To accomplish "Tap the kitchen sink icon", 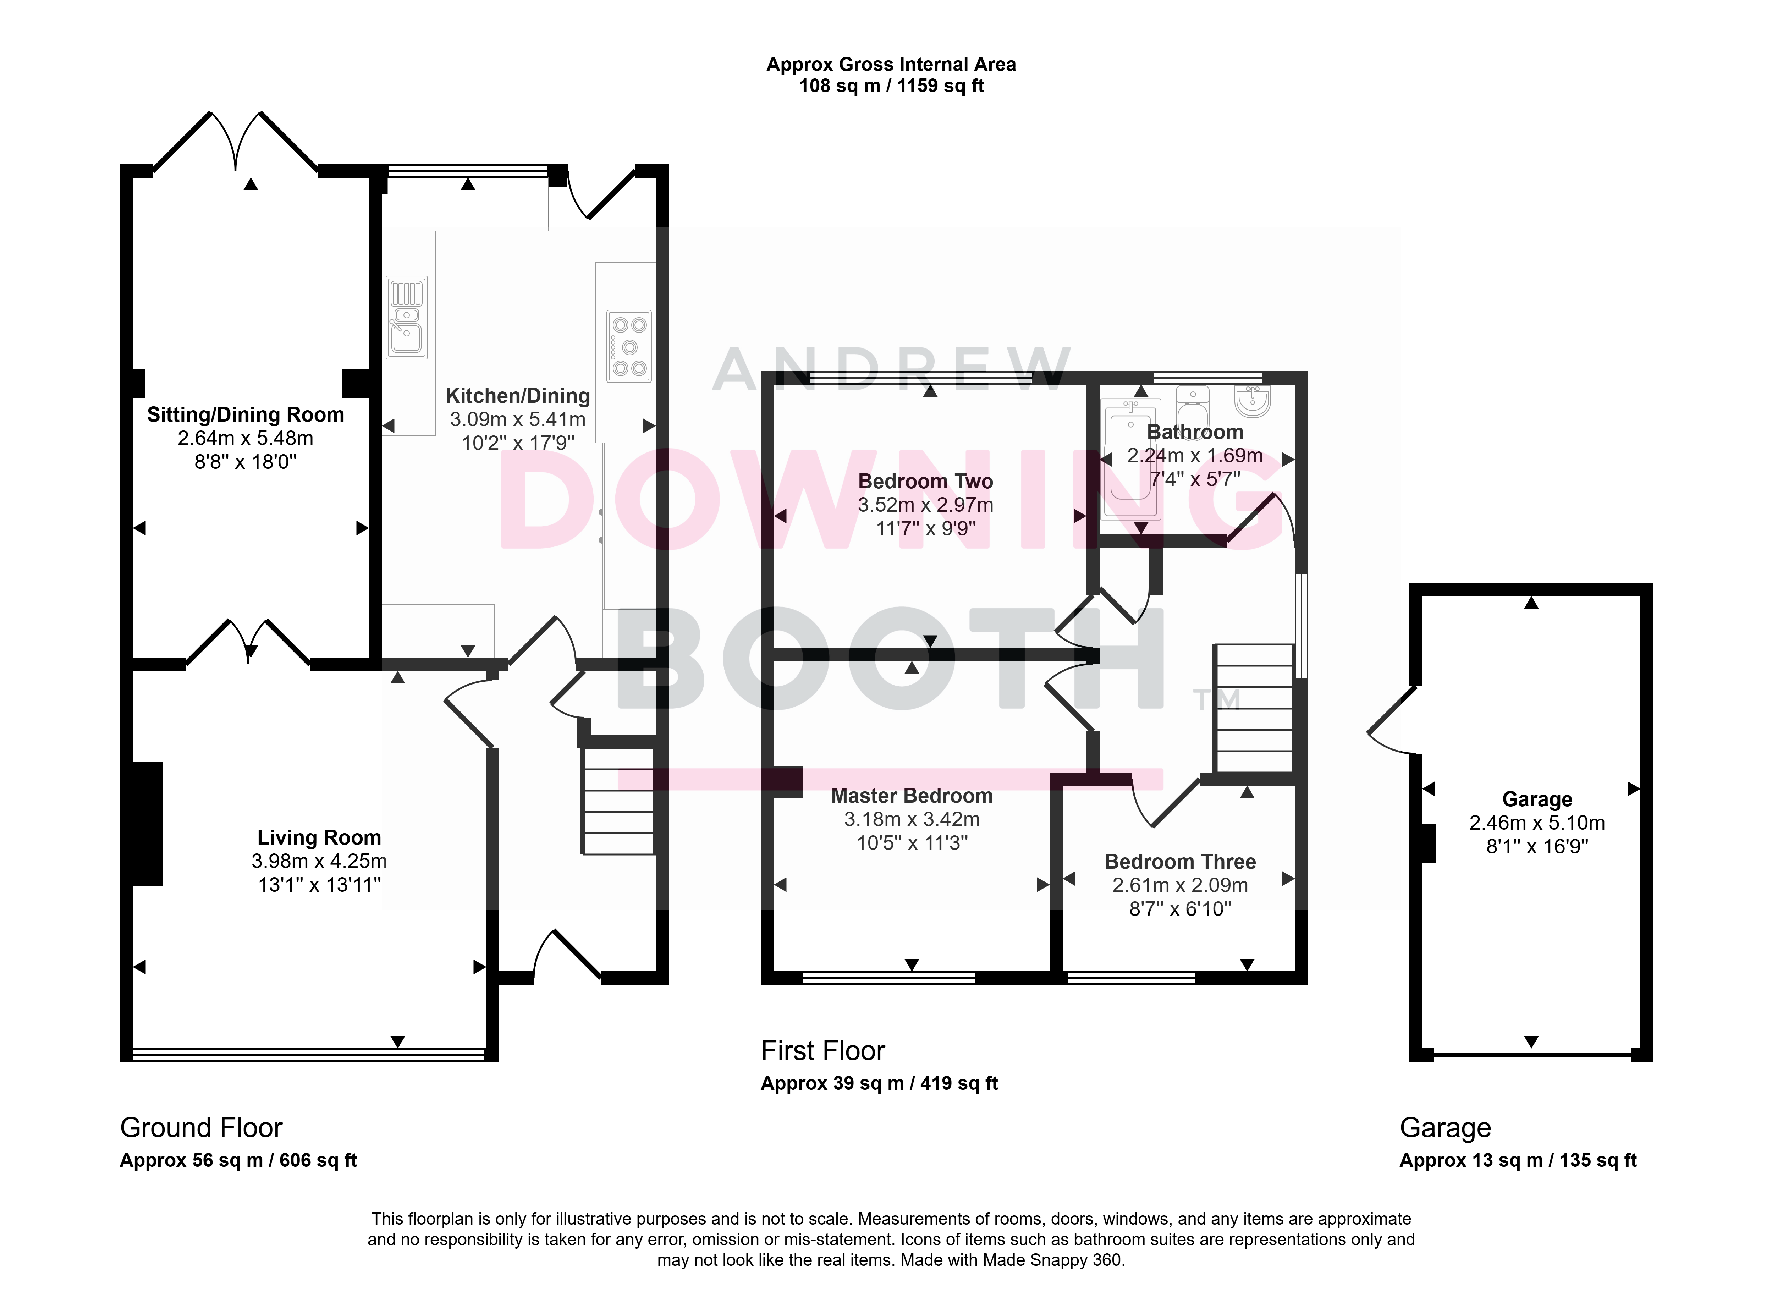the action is coord(406,317).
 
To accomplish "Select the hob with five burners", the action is coord(629,346).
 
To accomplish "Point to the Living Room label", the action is coord(319,838).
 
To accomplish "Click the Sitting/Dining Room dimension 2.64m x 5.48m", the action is coord(245,439).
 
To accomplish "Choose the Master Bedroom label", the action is coord(912,796).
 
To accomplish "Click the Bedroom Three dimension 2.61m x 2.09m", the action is coord(1180,886).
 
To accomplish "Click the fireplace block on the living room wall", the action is coord(148,824).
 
